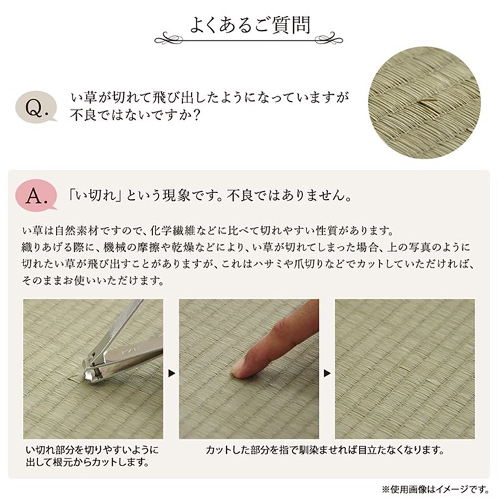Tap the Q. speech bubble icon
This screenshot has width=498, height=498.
point(36,107)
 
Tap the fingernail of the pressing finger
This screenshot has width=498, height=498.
point(238,370)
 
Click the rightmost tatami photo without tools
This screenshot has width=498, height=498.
point(405,369)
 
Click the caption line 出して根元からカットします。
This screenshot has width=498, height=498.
point(88,462)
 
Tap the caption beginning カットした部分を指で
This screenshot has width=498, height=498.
point(324,450)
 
